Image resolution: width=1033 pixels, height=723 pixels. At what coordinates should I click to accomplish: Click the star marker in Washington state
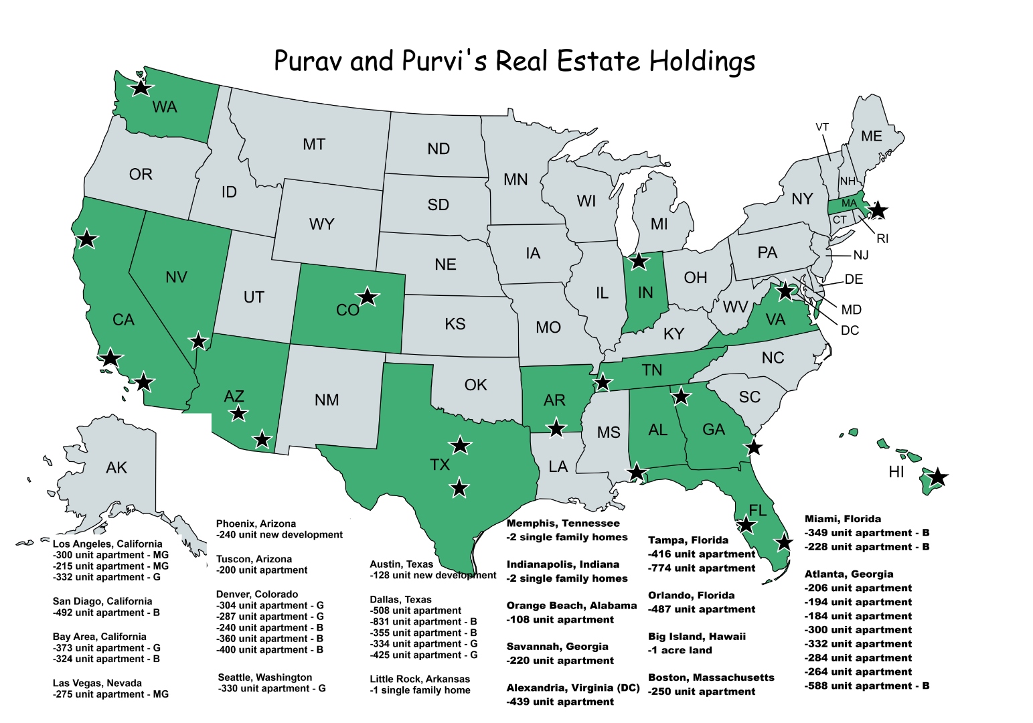pyautogui.click(x=141, y=87)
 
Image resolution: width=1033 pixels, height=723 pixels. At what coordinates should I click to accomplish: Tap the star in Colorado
pyautogui.click(x=367, y=296)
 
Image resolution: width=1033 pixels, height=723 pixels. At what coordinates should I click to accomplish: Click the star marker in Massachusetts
pyautogui.click(x=877, y=210)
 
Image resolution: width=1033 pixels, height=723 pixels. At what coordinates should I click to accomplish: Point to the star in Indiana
pyautogui.click(x=639, y=260)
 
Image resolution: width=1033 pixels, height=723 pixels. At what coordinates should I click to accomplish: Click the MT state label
pyautogui.click(x=313, y=145)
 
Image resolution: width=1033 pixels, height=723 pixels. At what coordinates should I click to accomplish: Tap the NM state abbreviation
pyautogui.click(x=327, y=400)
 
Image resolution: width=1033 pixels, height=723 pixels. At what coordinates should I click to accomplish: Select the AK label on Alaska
pyautogui.click(x=116, y=468)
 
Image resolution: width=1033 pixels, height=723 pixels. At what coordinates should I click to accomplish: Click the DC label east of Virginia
pyautogui.click(x=849, y=331)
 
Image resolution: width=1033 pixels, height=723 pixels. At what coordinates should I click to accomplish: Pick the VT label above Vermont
pyautogui.click(x=822, y=127)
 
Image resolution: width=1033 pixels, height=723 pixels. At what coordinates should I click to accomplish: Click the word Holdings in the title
pyautogui.click(x=702, y=61)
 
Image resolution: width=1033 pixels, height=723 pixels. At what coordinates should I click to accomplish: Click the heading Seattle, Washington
pyautogui.click(x=264, y=677)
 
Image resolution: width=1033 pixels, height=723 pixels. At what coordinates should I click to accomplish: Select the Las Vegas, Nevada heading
pyautogui.click(x=97, y=683)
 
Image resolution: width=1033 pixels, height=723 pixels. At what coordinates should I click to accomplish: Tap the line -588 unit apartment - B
pyautogui.click(x=866, y=686)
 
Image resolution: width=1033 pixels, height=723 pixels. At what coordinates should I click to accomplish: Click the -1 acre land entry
pyautogui.click(x=680, y=650)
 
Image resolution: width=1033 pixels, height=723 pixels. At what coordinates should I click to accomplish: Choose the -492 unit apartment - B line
pyautogui.click(x=106, y=613)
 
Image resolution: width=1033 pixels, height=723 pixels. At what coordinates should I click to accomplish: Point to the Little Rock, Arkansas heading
pyautogui.click(x=420, y=679)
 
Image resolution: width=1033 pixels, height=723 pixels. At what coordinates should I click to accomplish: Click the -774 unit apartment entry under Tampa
pyautogui.click(x=701, y=568)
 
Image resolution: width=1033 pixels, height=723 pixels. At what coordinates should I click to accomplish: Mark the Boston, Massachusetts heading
pyautogui.click(x=711, y=677)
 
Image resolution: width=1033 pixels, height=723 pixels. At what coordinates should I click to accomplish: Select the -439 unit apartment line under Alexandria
pyautogui.click(x=560, y=702)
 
